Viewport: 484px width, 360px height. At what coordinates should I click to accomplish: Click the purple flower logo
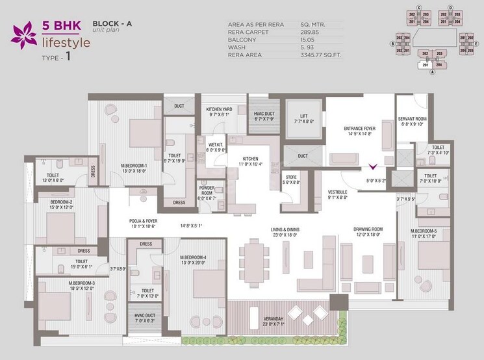(23, 35)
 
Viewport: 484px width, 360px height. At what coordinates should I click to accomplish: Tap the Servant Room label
(411, 118)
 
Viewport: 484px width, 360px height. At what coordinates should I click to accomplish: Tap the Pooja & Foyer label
(145, 223)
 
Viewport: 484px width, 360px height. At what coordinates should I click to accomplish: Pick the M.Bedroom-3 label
(82, 283)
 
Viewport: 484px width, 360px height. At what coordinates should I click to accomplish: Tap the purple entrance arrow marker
(372, 166)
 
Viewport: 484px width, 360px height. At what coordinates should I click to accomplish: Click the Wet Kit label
(216, 146)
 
